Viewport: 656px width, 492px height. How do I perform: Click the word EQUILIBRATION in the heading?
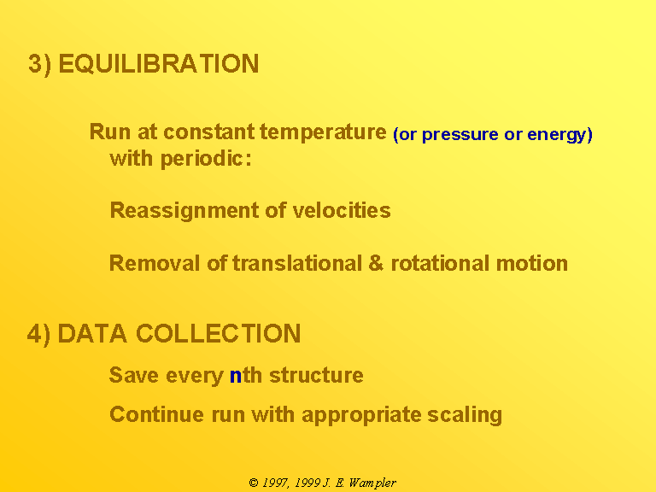(x=159, y=63)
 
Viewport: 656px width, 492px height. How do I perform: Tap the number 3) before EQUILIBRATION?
(x=40, y=64)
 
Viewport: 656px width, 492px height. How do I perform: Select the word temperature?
(x=323, y=132)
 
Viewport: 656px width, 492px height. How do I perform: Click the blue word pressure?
(x=460, y=135)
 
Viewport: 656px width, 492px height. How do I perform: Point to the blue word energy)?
(x=559, y=135)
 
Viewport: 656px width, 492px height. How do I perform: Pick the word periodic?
(x=206, y=159)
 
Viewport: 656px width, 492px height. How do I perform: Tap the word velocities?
(x=342, y=210)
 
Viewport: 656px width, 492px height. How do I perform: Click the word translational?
(x=297, y=264)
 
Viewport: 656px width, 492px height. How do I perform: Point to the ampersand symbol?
(x=376, y=264)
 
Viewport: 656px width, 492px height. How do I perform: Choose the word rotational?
(x=440, y=264)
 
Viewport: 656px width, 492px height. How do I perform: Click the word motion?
(x=532, y=264)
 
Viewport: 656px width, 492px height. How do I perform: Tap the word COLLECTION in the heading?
(x=219, y=333)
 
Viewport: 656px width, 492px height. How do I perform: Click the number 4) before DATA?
(x=39, y=334)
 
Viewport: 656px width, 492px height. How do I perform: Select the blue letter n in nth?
(x=236, y=376)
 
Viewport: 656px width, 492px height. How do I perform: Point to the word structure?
(x=316, y=375)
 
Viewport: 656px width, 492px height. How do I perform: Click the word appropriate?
(x=361, y=415)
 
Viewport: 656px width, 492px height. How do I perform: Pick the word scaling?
(x=465, y=415)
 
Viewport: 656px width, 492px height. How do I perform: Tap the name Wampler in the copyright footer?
(x=372, y=483)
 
